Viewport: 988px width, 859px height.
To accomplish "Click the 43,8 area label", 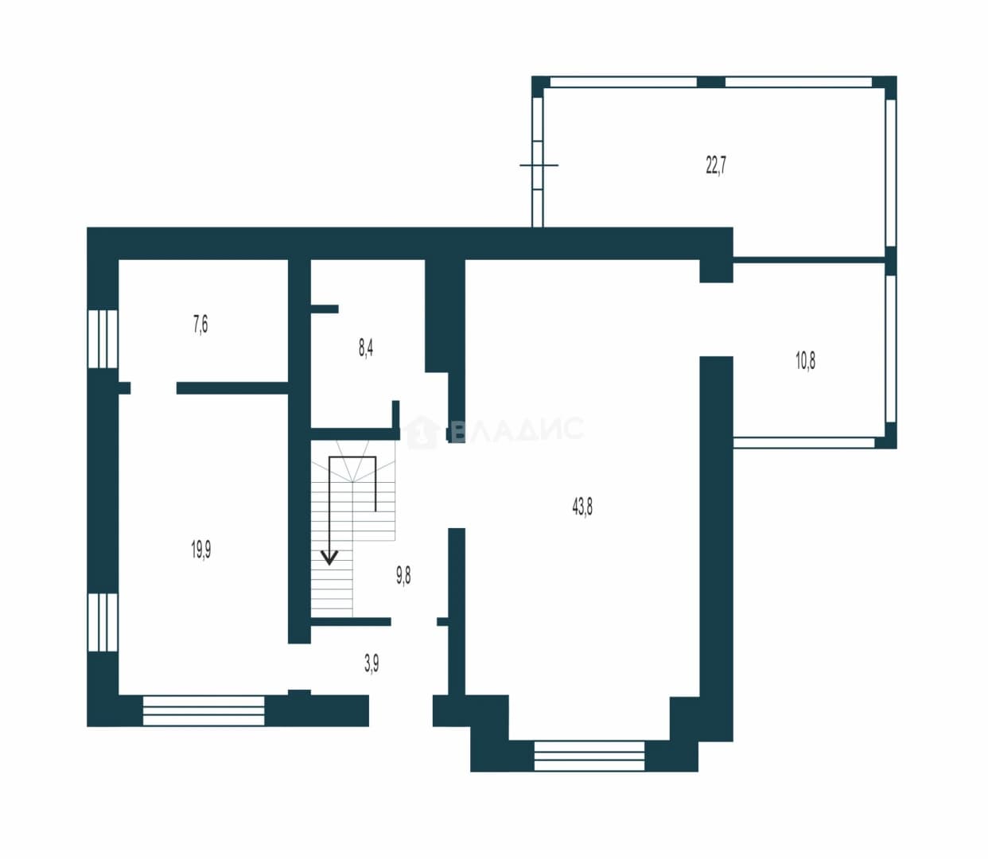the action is (582, 507).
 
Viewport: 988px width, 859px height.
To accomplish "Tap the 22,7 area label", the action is (716, 165).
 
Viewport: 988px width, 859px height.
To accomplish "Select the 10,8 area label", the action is (805, 360).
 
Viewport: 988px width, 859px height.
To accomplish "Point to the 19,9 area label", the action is (201, 550).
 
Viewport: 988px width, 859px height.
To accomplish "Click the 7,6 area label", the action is (200, 325).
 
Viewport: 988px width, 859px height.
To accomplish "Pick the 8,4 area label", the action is (366, 348).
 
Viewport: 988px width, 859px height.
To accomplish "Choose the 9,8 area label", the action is (403, 576).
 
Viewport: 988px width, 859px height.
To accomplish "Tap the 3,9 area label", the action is (371, 664).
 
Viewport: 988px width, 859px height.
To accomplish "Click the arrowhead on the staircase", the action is (329, 558).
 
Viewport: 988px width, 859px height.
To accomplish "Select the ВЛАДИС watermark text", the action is (517, 429).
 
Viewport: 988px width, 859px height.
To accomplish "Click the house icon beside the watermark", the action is (421, 432).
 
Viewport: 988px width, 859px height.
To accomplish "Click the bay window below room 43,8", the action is (589, 756).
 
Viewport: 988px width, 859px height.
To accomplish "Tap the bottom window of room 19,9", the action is (204, 710).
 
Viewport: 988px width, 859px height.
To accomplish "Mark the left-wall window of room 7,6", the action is (103, 339).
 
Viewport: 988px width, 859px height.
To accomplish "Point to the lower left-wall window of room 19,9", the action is (103, 623).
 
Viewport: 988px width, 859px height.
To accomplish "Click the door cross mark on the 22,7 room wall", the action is (539, 165).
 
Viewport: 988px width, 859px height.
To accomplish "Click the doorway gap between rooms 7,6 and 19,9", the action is (154, 388).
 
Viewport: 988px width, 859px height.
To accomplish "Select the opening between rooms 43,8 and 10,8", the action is (717, 320).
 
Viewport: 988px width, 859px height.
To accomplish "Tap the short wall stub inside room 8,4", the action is (325, 309).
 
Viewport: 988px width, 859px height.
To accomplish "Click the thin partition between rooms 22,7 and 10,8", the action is (809, 260).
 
